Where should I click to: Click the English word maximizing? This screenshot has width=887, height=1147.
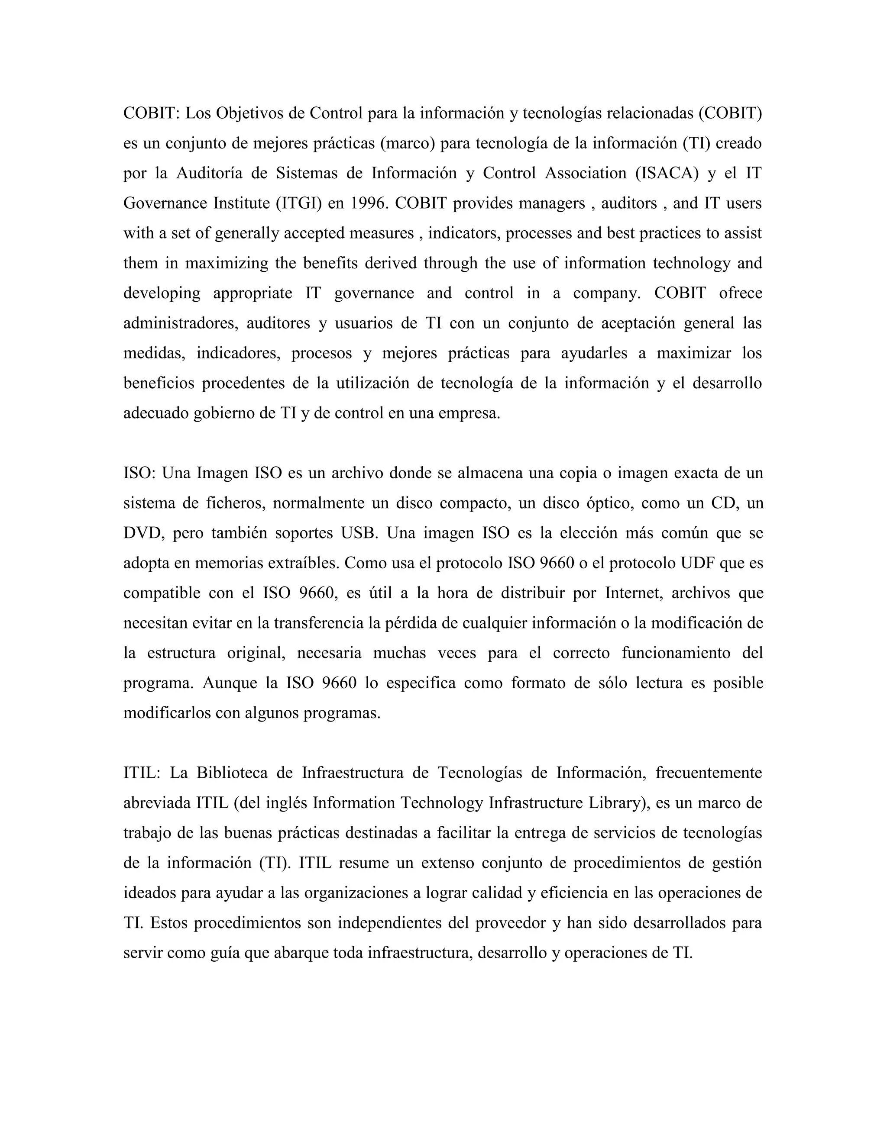(227, 264)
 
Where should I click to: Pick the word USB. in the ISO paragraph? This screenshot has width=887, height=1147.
(359, 533)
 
